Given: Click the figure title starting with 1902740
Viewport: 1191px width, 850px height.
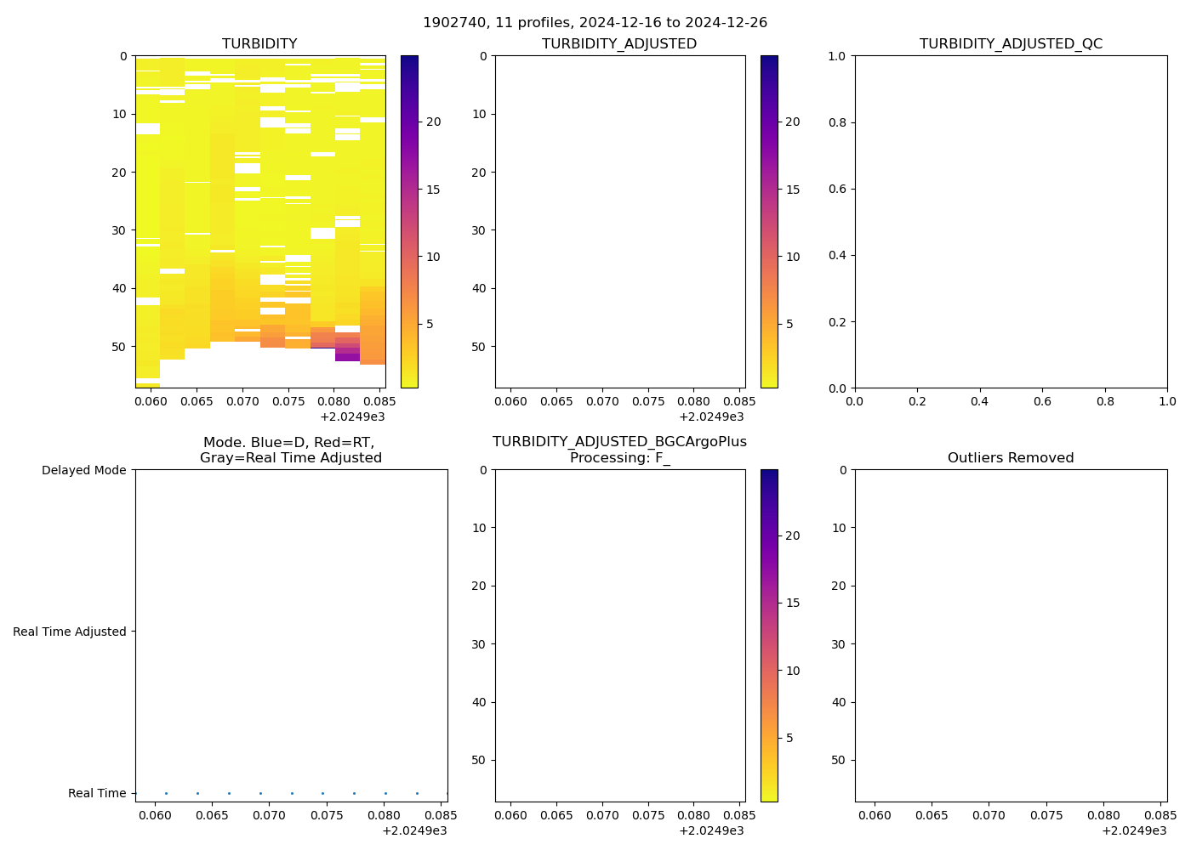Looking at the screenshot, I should [595, 22].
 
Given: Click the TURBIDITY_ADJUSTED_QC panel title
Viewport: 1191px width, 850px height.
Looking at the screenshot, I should [1011, 44].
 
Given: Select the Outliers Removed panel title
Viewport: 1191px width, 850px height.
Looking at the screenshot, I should [1011, 458].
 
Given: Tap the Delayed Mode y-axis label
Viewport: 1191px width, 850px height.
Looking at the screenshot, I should [83, 470].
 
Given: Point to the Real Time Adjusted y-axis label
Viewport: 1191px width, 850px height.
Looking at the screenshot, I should [70, 632].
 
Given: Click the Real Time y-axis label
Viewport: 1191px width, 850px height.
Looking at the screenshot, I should [97, 793].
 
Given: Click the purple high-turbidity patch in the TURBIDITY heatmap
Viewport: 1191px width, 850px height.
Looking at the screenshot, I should [347, 356].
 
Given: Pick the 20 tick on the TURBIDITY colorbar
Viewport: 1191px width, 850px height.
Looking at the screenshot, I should [433, 122].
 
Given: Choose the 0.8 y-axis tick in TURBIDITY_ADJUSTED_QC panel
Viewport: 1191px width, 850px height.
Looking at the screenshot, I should [839, 122].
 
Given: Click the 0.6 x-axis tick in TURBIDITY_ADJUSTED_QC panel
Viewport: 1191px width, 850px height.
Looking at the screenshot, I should [1042, 401].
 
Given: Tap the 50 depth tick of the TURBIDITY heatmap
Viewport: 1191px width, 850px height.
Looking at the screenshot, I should [123, 347].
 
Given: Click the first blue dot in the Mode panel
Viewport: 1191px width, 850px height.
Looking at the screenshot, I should [166, 793].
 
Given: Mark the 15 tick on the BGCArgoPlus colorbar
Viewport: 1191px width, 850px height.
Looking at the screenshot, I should [792, 603].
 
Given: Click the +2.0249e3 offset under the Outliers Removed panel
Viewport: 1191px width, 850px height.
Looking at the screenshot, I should [1134, 830].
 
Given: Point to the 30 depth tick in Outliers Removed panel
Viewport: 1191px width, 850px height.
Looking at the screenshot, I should [839, 644].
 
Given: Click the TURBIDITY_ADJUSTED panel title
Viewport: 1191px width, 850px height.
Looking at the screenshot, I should [619, 44].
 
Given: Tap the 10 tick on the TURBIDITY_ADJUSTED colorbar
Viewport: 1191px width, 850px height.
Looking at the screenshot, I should [792, 257].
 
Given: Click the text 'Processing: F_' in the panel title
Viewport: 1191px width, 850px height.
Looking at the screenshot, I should [619, 458].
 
